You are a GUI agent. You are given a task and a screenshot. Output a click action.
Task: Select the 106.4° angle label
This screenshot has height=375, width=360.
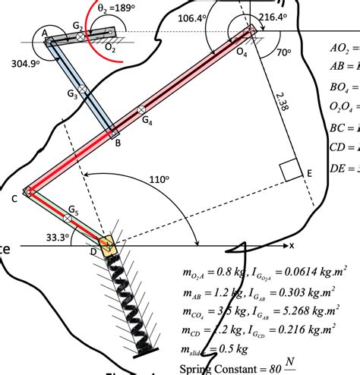click(x=190, y=16)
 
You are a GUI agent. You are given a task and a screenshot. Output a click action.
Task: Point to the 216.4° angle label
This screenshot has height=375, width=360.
click(x=272, y=16)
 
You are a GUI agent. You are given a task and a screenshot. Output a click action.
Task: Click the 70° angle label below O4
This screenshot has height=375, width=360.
click(x=283, y=53)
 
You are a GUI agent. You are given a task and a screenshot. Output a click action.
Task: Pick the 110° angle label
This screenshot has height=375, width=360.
click(x=158, y=180)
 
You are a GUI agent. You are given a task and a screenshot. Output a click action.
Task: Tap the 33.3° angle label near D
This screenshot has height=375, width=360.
click(x=57, y=237)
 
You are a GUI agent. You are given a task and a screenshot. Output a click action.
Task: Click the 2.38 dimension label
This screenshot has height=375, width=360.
click(x=280, y=104)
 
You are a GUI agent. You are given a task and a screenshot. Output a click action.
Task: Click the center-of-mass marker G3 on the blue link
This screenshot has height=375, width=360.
click(x=83, y=90)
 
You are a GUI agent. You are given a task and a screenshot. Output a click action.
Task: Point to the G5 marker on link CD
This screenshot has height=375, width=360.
click(x=68, y=218)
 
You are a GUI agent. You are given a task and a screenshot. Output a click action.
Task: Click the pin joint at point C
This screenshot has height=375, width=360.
click(x=28, y=191)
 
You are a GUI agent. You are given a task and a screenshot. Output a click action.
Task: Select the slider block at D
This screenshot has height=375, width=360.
click(x=107, y=244)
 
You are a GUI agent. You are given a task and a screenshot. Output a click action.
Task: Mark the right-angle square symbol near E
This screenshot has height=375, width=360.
click(x=292, y=171)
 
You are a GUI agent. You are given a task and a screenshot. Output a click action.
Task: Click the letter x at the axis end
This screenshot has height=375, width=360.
click(x=292, y=245)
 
